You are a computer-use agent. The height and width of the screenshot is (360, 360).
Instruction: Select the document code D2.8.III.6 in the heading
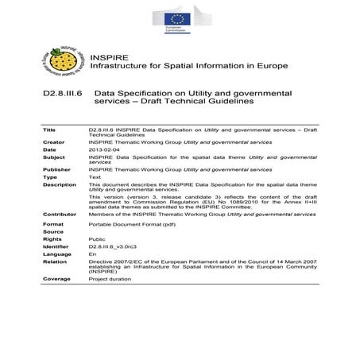coord(66,93)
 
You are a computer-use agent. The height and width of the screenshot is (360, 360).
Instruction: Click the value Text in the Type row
coord(95,177)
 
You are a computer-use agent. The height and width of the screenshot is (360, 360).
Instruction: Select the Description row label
coord(60,185)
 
